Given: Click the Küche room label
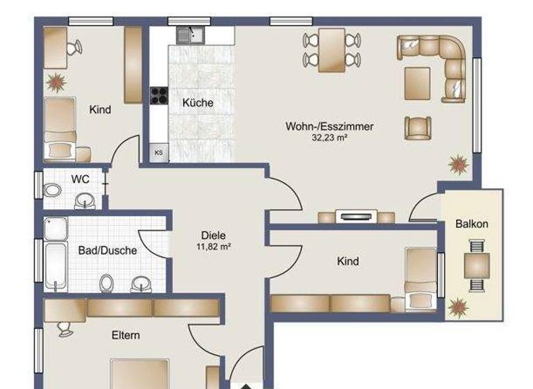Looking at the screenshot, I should pyautogui.click(x=198, y=103).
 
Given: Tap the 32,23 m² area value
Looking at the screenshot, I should pyautogui.click(x=330, y=138).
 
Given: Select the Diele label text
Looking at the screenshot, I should pyautogui.click(x=214, y=235).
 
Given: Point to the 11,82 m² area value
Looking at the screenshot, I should pyautogui.click(x=214, y=246).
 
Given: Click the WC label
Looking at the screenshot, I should pyautogui.click(x=81, y=179).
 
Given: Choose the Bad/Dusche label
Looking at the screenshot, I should pyautogui.click(x=108, y=250).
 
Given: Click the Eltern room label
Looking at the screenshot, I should pyautogui.click(x=126, y=336).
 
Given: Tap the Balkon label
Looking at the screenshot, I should pyautogui.click(x=472, y=224).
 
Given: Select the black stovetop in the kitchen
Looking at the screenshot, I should pyautogui.click(x=158, y=94).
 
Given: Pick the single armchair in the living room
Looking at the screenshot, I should pyautogui.click(x=418, y=127).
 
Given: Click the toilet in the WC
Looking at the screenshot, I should pyautogui.click(x=53, y=190).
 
